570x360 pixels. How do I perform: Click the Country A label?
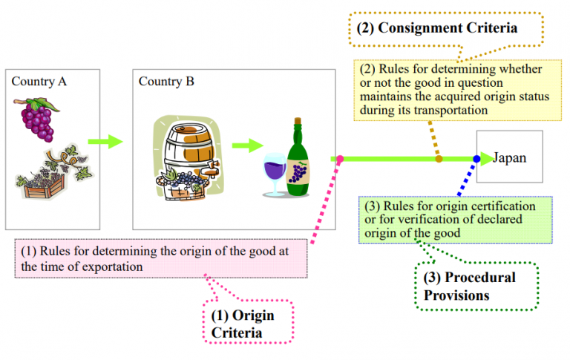pos(39,81)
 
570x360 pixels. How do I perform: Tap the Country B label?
pos(166,81)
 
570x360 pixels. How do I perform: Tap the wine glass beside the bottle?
pos(274,177)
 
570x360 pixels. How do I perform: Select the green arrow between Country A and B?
pos(105,141)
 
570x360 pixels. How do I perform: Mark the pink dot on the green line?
pos(340,159)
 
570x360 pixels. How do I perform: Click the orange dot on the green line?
pos(439,159)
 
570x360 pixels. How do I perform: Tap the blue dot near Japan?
pos(476,159)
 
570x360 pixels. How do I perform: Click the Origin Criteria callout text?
pos(243,324)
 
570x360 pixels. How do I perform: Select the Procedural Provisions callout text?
pos(469,285)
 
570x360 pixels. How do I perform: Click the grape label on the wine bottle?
pos(298,173)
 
